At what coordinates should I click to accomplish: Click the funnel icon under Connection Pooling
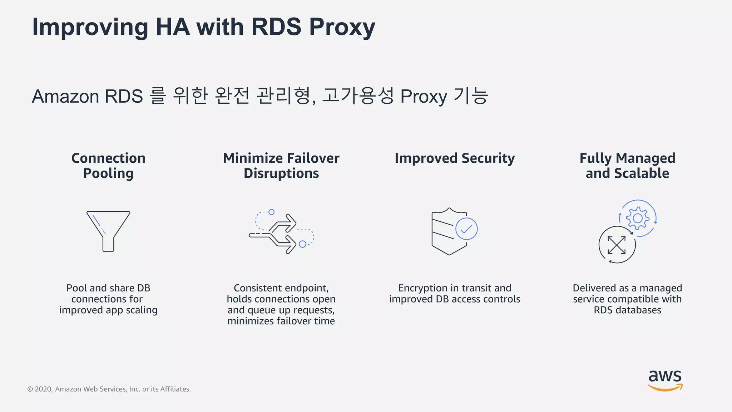tap(108, 231)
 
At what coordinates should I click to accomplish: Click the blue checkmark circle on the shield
tap(466, 229)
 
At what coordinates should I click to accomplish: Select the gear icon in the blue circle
tap(638, 218)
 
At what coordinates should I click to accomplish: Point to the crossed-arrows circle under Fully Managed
tap(617, 245)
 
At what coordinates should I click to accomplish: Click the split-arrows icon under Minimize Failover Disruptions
tap(281, 232)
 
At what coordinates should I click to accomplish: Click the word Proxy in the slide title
tap(342, 27)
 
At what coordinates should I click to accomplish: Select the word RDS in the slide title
tap(276, 27)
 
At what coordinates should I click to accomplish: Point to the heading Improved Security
tap(455, 158)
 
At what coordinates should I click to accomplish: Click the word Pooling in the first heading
tap(108, 173)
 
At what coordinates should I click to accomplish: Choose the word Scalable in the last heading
tap(642, 173)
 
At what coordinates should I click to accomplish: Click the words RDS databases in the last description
tap(627, 310)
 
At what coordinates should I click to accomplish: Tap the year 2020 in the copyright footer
tap(43, 389)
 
